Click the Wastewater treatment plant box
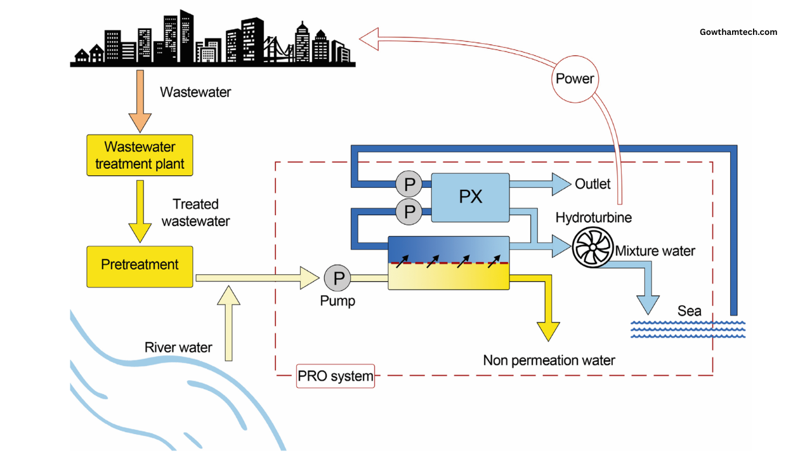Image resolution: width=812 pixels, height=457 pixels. pos(140,156)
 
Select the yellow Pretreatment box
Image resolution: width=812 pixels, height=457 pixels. pos(140,266)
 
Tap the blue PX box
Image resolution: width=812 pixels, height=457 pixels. pos(470,197)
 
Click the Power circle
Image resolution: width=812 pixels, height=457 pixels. pos(575,79)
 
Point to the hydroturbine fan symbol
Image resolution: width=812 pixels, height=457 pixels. pos(592,248)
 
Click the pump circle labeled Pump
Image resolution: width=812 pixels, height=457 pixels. pos(338,278)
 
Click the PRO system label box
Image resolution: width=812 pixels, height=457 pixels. pos(336,376)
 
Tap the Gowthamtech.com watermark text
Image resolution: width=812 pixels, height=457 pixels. pos(738,32)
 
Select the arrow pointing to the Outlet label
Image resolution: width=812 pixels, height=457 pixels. pos(539,184)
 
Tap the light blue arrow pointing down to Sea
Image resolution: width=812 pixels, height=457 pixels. pos(647,292)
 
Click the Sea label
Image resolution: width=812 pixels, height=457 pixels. pos(690,311)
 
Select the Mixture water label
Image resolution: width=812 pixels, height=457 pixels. pos(655,251)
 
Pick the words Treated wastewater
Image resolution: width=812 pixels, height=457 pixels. pos(195,213)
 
